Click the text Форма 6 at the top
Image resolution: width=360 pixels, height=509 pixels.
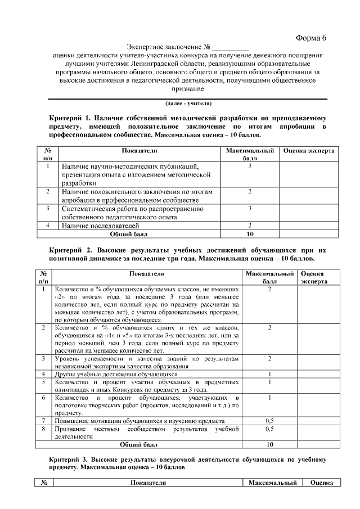(x=311, y=38)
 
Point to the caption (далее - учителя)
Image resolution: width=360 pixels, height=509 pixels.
(x=188, y=103)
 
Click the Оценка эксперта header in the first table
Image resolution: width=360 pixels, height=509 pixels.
(x=309, y=151)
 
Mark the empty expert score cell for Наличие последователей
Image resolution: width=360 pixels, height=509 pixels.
(x=309, y=225)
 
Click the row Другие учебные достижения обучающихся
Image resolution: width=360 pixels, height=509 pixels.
(x=116, y=373)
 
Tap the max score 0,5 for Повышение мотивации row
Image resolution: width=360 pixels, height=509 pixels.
(x=269, y=420)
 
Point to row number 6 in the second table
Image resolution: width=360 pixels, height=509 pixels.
(x=43, y=397)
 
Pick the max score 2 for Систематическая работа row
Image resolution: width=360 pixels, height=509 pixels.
(x=250, y=209)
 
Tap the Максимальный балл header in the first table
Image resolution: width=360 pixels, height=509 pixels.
(x=250, y=155)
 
